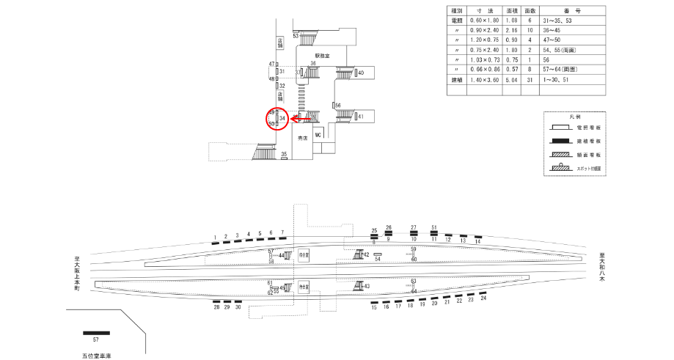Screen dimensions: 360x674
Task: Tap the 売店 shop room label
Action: tap(301, 138)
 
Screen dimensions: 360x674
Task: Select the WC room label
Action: tap(318, 136)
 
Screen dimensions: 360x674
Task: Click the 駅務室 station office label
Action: tap(323, 56)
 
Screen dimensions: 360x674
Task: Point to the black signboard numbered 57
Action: tap(95, 333)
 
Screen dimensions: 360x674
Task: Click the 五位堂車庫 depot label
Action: tap(96, 354)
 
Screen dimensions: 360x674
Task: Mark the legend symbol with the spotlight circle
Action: tap(564, 168)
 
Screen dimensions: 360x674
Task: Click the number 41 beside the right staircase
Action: tap(361, 117)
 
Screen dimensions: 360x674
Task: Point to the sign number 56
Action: tap(338, 106)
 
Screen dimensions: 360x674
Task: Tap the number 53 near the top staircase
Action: tap(296, 35)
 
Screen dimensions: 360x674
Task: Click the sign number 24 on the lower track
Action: tap(483, 299)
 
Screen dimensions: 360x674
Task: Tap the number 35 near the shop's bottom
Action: tap(285, 154)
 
